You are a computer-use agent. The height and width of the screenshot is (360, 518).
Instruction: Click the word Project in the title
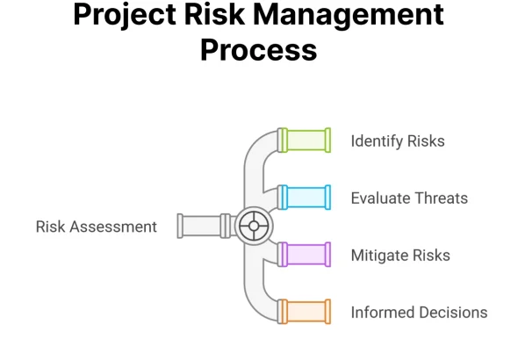tap(125, 16)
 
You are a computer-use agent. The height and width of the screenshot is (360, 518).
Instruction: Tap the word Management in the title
tap(349, 15)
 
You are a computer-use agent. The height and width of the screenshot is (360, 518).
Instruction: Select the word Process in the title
tap(259, 50)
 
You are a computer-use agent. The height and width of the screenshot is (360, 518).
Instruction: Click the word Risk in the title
tap(215, 14)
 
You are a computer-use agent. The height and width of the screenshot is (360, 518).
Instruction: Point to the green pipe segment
tap(304, 140)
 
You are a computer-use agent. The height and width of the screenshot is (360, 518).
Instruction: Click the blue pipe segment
tap(304, 198)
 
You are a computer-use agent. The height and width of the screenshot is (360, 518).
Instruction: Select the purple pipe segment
tap(304, 255)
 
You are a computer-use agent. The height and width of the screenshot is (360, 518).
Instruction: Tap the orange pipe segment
tap(304, 312)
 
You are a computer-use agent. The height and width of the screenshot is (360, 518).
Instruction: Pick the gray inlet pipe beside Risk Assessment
tap(204, 226)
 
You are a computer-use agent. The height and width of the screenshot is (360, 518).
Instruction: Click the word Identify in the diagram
tap(377, 141)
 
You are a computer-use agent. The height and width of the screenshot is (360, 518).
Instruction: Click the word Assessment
tap(113, 227)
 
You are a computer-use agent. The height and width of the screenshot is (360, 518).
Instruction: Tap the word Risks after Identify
tap(426, 141)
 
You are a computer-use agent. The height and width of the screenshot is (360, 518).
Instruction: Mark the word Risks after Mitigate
tap(431, 256)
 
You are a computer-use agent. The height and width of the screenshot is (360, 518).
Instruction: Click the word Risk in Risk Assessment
tap(50, 227)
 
